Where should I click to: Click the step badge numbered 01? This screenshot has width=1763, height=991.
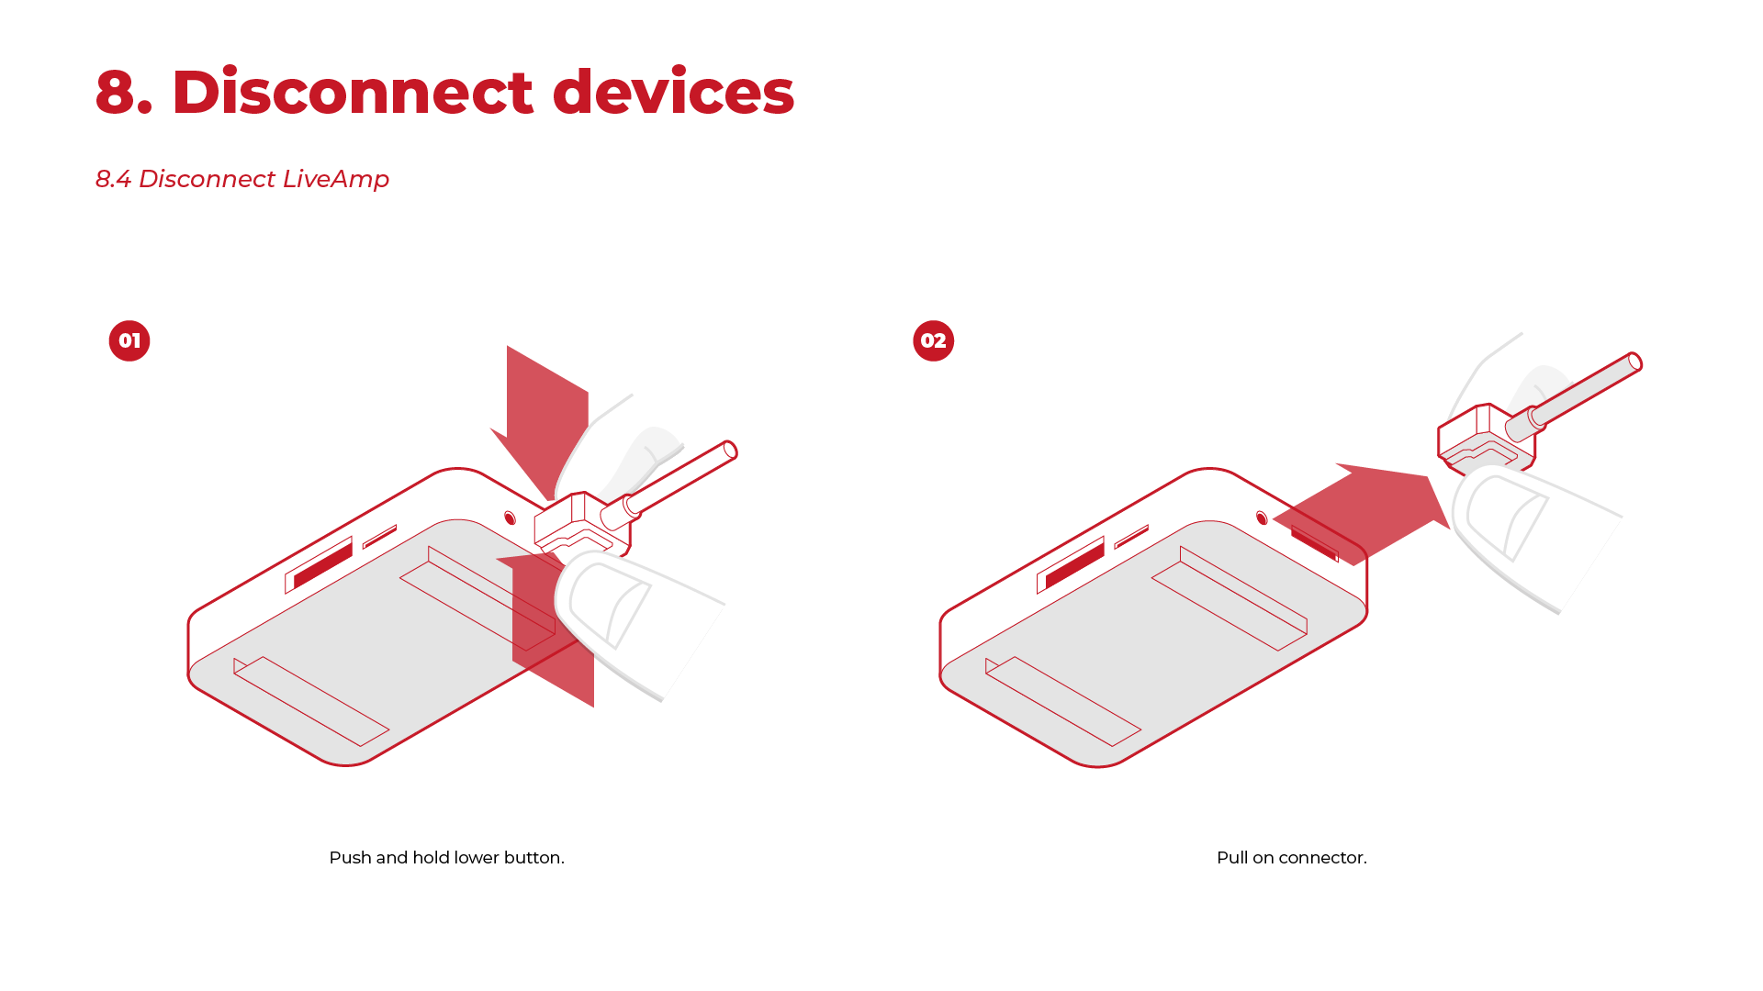(129, 340)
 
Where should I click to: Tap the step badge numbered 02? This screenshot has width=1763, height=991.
(934, 340)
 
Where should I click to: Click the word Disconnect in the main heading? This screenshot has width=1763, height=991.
(353, 92)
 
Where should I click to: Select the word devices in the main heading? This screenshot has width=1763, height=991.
(673, 92)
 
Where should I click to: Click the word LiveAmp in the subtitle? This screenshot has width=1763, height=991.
(336, 179)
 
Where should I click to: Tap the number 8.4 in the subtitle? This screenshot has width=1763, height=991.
(113, 179)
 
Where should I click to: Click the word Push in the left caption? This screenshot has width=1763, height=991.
(350, 857)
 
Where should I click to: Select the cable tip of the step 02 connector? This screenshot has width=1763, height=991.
(1634, 362)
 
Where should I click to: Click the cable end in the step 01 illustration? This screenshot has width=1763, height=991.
(730, 451)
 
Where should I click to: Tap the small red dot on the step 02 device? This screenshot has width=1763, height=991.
(1262, 518)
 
